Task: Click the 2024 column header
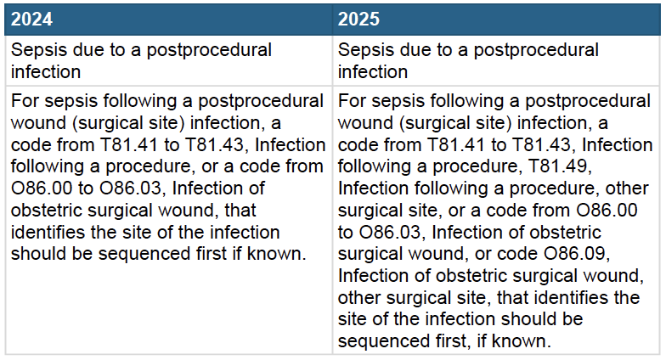[33, 18]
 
